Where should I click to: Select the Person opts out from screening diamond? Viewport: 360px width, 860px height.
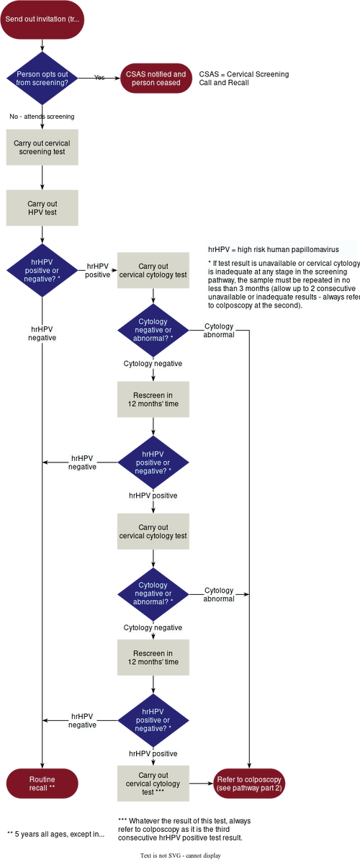click(42, 79)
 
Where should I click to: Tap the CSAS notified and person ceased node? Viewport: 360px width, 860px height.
click(156, 79)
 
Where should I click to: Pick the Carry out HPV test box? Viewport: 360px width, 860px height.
click(42, 208)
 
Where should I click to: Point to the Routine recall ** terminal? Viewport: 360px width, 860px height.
click(42, 784)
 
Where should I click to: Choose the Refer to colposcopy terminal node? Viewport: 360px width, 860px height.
click(249, 784)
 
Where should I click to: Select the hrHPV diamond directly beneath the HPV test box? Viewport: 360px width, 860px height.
click(42, 270)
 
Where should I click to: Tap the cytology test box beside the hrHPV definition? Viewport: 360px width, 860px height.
click(153, 270)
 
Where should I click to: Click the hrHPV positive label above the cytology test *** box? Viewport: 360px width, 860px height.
click(153, 753)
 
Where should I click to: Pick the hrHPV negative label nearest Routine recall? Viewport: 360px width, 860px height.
click(82, 720)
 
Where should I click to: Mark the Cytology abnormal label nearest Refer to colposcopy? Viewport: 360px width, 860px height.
click(219, 594)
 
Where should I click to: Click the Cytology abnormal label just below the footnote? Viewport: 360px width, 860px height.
click(219, 331)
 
